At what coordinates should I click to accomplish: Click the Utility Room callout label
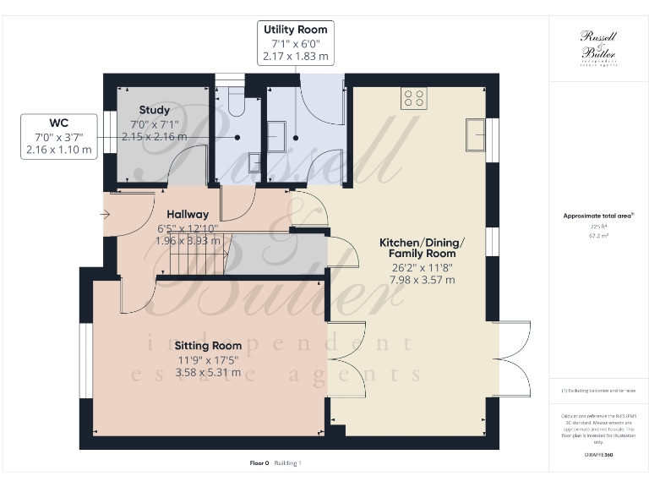tap(296, 43)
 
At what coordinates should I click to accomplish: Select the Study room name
tap(155, 110)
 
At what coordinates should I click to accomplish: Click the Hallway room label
tap(188, 215)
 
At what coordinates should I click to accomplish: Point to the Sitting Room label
tap(208, 345)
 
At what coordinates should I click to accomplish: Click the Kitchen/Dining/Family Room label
tap(421, 248)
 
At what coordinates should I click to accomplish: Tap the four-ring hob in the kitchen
tap(414, 99)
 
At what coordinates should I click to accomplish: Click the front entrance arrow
tap(105, 215)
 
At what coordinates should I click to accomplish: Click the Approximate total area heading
tap(598, 216)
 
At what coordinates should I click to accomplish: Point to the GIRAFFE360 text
tap(598, 455)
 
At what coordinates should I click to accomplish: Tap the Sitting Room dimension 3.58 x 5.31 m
tap(208, 372)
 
